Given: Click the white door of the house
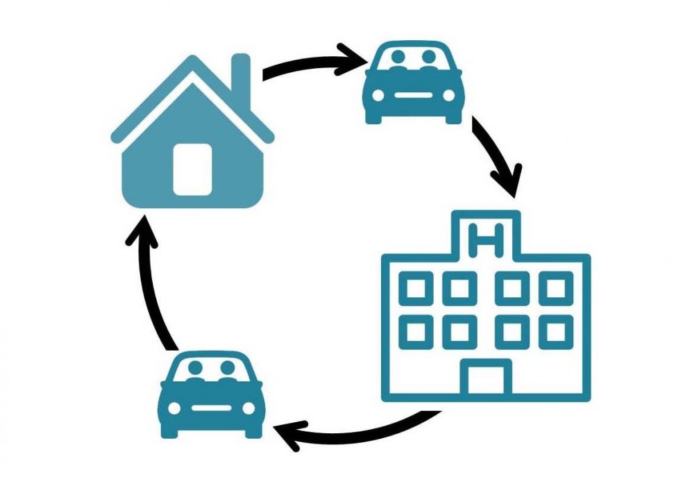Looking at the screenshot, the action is coord(192,169).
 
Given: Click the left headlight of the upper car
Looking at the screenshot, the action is coord(378,95).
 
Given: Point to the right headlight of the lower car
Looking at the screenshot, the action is coord(249,408).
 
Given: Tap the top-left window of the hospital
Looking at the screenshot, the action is coord(416,289).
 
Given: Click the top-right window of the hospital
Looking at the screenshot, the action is coord(556,289).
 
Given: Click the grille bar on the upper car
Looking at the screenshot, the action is coord(414,95).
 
